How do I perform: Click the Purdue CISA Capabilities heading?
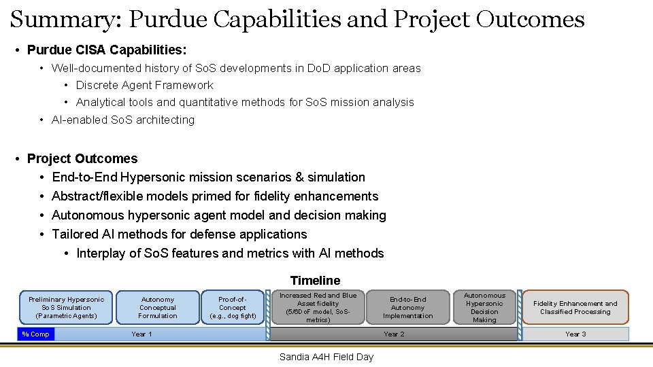click(x=107, y=50)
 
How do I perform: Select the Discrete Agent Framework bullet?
click(x=144, y=85)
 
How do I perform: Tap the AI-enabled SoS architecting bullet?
click(x=123, y=120)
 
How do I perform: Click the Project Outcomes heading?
click(x=82, y=158)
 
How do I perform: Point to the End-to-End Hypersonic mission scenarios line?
click(x=208, y=177)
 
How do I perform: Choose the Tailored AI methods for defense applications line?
click(x=180, y=234)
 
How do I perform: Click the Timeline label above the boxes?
click(x=315, y=280)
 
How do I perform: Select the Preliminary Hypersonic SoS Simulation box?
click(x=67, y=307)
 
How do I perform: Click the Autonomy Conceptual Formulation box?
click(x=157, y=307)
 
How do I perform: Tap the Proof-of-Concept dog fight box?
click(x=233, y=307)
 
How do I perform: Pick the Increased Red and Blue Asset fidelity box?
click(x=318, y=307)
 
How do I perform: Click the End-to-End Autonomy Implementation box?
click(x=407, y=307)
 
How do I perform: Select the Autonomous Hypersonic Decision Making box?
click(x=484, y=307)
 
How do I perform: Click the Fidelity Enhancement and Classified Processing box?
click(x=575, y=307)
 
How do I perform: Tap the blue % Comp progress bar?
click(x=35, y=334)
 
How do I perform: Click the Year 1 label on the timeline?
click(x=141, y=334)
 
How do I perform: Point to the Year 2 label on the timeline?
click(x=394, y=334)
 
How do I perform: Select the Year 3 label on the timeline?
click(x=575, y=334)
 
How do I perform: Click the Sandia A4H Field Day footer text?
click(x=326, y=357)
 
